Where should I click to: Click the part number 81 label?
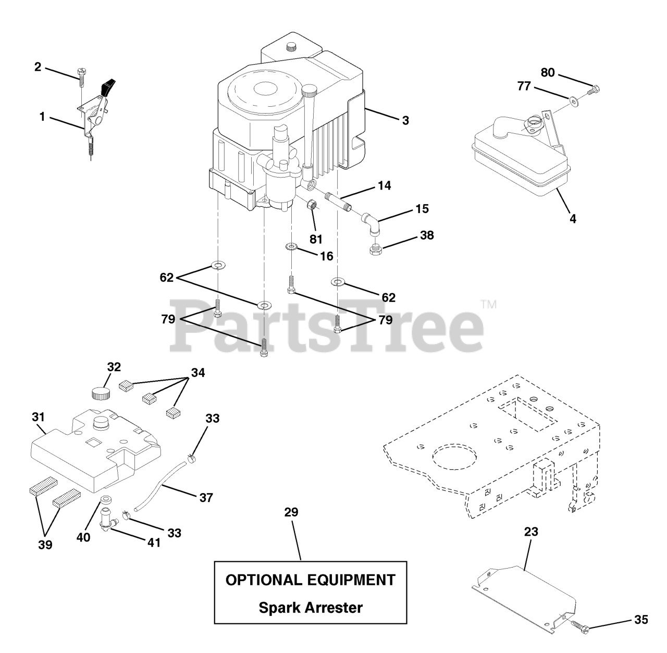(x=316, y=239)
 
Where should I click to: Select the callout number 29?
(x=291, y=512)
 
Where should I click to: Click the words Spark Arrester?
(x=311, y=607)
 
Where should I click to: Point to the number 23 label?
(x=531, y=532)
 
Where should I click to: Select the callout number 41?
(x=154, y=543)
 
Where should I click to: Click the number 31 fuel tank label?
(x=38, y=417)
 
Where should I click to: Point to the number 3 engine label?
(x=405, y=120)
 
